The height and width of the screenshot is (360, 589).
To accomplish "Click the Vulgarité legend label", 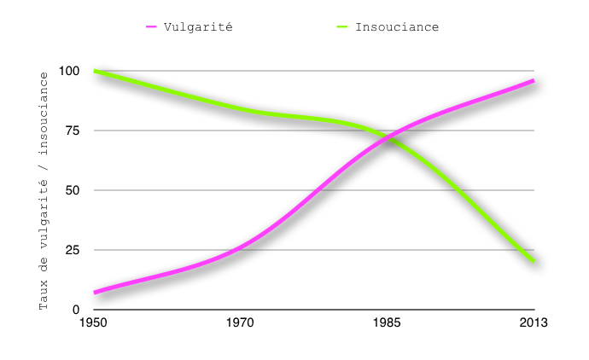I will (197, 26).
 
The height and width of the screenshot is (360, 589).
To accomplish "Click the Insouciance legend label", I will (397, 26).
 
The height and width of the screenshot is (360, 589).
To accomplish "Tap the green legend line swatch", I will (342, 26).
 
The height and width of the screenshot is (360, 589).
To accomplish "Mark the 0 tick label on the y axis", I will (76, 310).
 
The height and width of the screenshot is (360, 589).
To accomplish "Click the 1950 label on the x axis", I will (94, 322).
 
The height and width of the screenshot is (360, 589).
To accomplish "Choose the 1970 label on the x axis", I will (241, 322).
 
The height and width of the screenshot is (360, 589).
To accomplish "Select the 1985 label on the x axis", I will (388, 322).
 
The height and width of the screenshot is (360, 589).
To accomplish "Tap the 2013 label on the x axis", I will (534, 322).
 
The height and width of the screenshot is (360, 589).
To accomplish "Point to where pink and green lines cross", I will (390, 136).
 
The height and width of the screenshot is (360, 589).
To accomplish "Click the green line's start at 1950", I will (95, 71).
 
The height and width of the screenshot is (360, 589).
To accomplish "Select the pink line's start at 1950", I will (95, 293).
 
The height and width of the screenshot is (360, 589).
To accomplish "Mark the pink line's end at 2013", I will (534, 81).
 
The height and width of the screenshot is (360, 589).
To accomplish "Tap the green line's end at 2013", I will (534, 260).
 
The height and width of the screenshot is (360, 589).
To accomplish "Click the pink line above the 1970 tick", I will (241, 245).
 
